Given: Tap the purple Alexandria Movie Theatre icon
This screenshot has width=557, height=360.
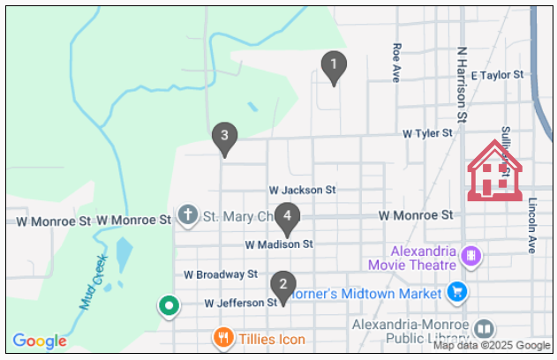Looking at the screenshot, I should pyautogui.click(x=471, y=255).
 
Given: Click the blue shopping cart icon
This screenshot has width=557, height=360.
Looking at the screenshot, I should pyautogui.click(x=456, y=290).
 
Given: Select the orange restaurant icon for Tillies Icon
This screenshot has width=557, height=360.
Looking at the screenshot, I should pyautogui.click(x=222, y=337).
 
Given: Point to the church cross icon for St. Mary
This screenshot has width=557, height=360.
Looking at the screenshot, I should pyautogui.click(x=187, y=215).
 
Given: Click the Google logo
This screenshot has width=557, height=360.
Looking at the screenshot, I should pyautogui.click(x=40, y=341).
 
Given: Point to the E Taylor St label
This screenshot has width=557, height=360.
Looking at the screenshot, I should pyautogui.click(x=499, y=76).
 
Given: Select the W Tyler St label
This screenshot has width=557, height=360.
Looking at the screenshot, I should pyautogui.click(x=427, y=133).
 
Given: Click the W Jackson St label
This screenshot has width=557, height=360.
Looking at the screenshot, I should pyautogui.click(x=303, y=190).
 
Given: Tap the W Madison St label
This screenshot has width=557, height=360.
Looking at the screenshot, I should pyautogui.click(x=279, y=244).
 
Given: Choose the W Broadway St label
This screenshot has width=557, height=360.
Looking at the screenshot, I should pyautogui.click(x=221, y=274).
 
